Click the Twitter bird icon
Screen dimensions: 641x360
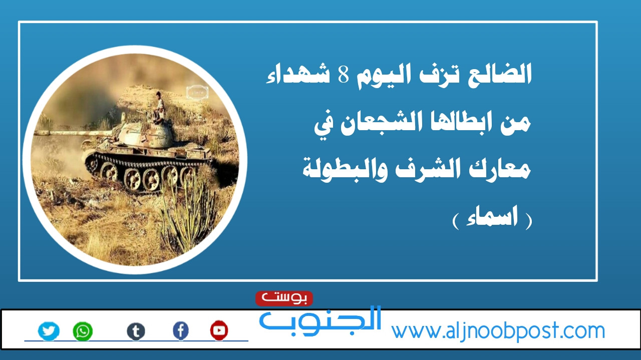(x=49, y=331)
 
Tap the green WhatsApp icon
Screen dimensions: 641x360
(x=83, y=331)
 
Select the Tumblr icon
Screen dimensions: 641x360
(x=136, y=331)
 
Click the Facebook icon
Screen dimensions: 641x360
(x=181, y=331)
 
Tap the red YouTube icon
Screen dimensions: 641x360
(x=219, y=330)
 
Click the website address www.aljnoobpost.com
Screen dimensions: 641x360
(x=498, y=331)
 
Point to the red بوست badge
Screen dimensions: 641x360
(x=284, y=298)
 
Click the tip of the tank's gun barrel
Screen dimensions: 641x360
(x=35, y=133)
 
